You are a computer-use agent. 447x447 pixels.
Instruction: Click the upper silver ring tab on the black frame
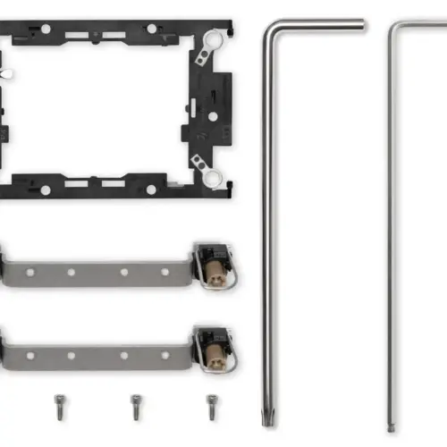click(212, 39)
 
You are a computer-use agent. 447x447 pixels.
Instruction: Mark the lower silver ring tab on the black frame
click(212, 176)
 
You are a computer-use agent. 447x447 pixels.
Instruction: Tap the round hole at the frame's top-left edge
click(46, 30)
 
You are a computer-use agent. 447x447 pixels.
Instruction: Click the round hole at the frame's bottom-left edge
click(45, 188)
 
